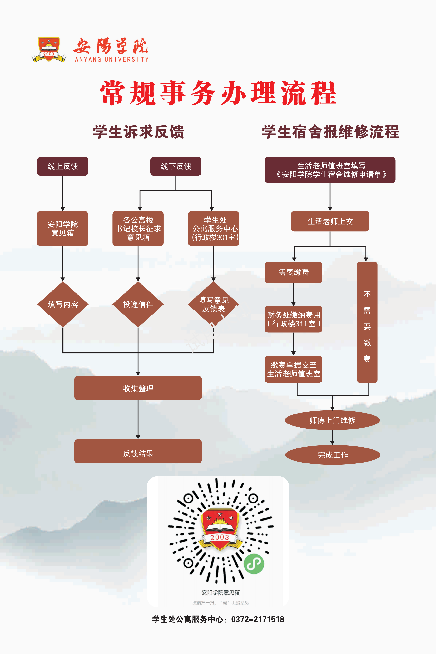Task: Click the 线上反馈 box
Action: click(62, 166)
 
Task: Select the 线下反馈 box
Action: click(176, 166)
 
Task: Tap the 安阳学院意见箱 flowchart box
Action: click(62, 228)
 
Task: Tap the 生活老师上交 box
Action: click(330, 221)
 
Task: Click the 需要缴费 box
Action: click(293, 272)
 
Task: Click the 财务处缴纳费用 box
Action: click(293, 319)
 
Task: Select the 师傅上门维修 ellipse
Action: click(332, 420)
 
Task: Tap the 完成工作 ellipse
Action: click(333, 455)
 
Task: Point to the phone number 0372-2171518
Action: click(258, 619)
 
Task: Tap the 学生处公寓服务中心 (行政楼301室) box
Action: click(214, 228)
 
